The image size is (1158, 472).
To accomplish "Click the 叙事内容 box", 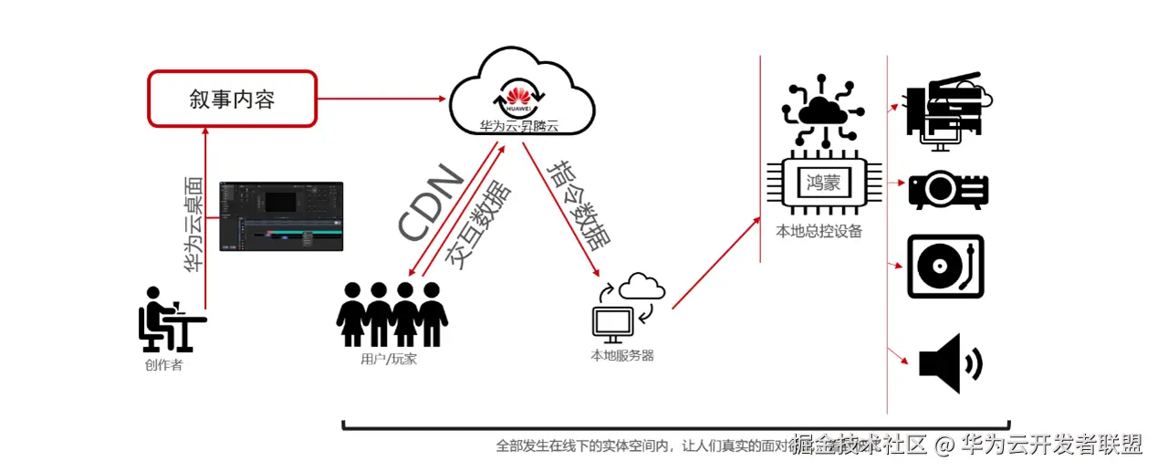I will [232, 99].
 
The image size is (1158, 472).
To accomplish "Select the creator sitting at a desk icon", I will [168, 319].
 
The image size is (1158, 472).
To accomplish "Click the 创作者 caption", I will [163, 366].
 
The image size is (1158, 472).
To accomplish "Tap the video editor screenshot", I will [281, 216].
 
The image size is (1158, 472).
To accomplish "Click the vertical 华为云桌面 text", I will [193, 226].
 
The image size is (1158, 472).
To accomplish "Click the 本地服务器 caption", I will [622, 356].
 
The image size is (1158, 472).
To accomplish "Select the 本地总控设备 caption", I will [819, 231].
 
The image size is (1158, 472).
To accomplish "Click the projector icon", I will [946, 190].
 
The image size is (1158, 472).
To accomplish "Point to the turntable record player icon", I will [945, 267].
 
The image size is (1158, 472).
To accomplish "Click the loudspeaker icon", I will [949, 362].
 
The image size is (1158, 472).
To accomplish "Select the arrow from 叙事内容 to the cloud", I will [383, 99].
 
